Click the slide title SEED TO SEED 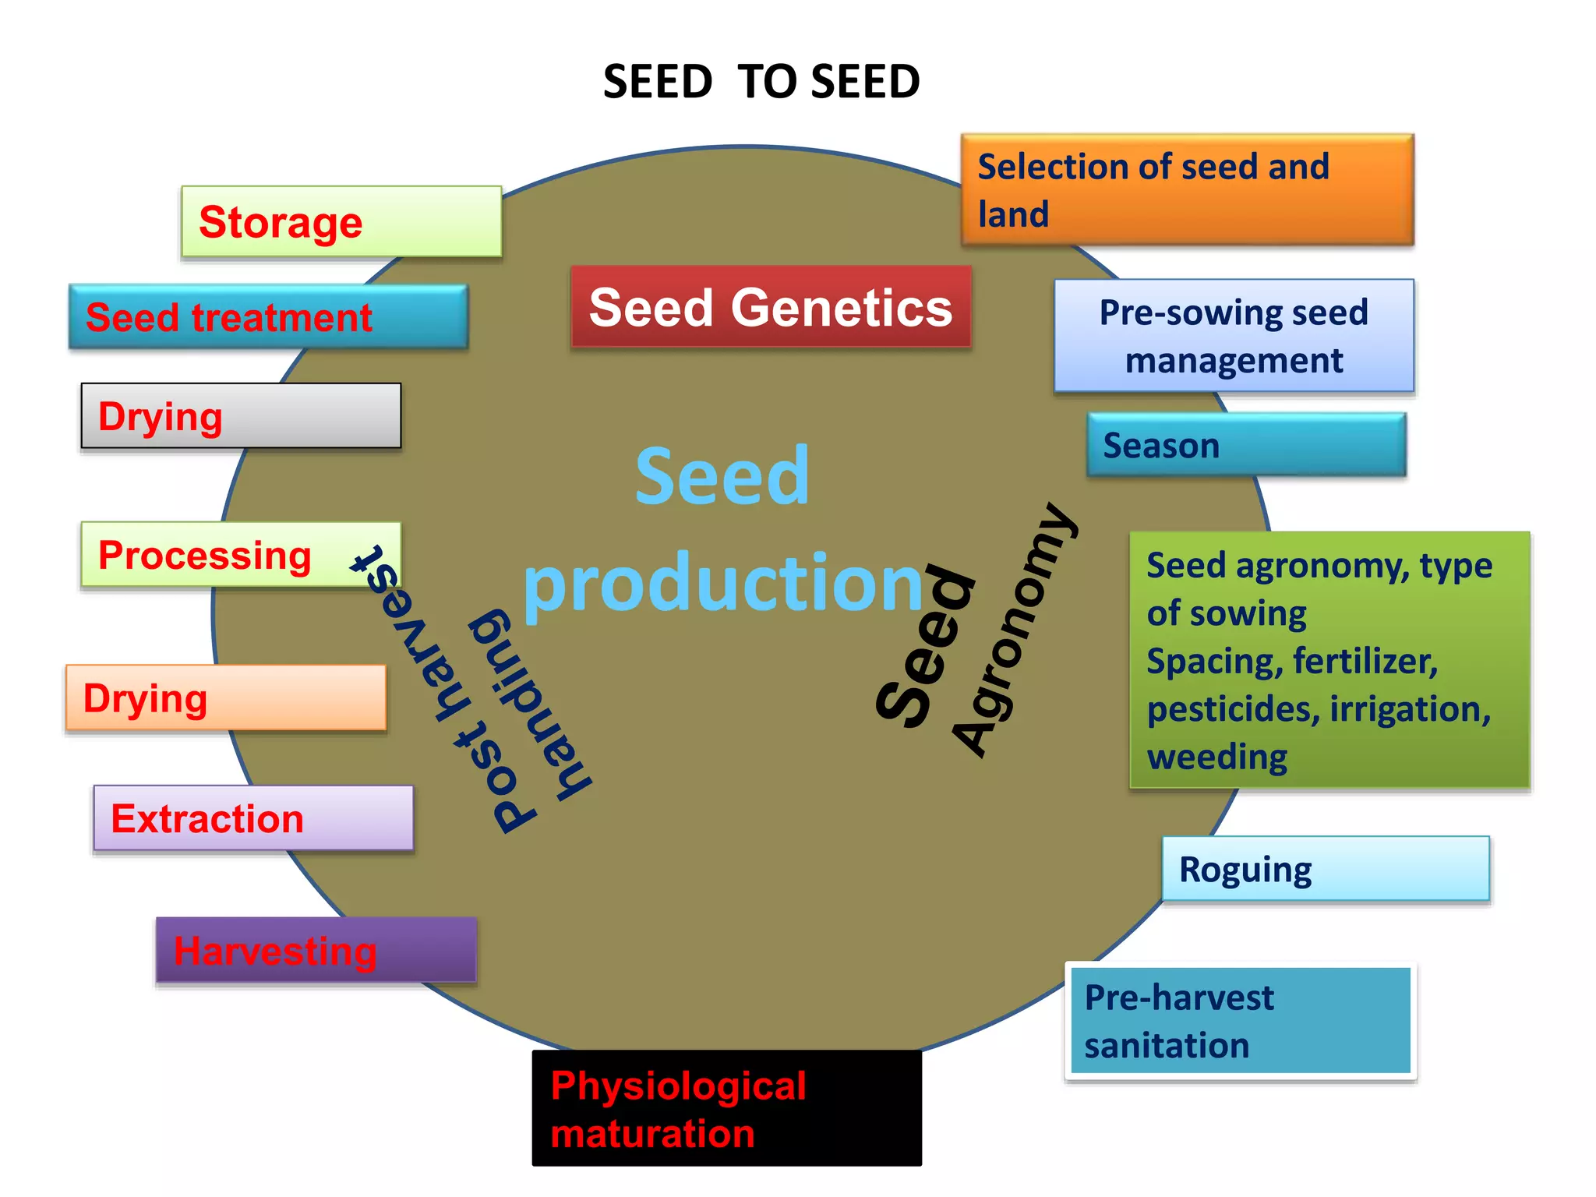point(761,82)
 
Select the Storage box point(341,222)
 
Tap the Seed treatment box point(268,316)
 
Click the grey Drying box point(241,416)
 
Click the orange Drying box point(226,697)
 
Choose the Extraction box point(253,818)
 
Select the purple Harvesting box point(316,950)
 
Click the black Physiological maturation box point(726,1108)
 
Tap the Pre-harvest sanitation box point(1240,1021)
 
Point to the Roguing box point(1325,869)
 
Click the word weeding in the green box point(1216,757)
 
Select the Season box point(1246,445)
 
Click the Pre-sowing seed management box point(1234,336)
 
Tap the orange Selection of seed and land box point(1187,190)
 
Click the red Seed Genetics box point(771,307)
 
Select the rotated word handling point(530,705)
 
